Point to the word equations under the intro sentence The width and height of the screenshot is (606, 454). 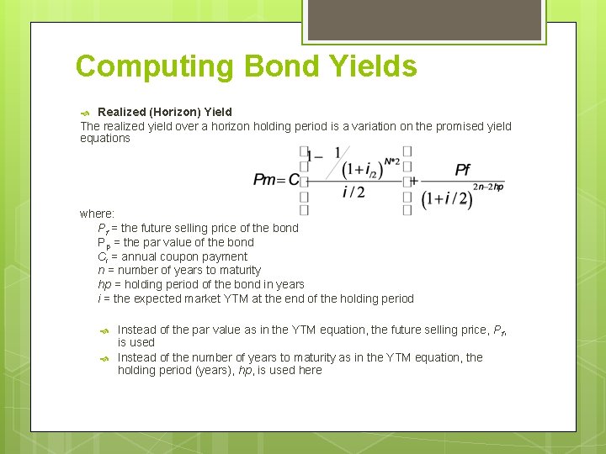click(105, 139)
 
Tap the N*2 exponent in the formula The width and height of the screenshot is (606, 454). click(391, 161)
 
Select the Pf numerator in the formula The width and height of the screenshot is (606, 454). click(462, 170)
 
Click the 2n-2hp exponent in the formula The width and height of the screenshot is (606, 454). click(488, 187)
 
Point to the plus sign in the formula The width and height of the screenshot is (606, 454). click(413, 180)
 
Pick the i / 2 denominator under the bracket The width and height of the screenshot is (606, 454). click(353, 193)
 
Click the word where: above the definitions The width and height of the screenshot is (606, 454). click(97, 214)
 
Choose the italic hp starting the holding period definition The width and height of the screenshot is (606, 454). click(104, 284)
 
